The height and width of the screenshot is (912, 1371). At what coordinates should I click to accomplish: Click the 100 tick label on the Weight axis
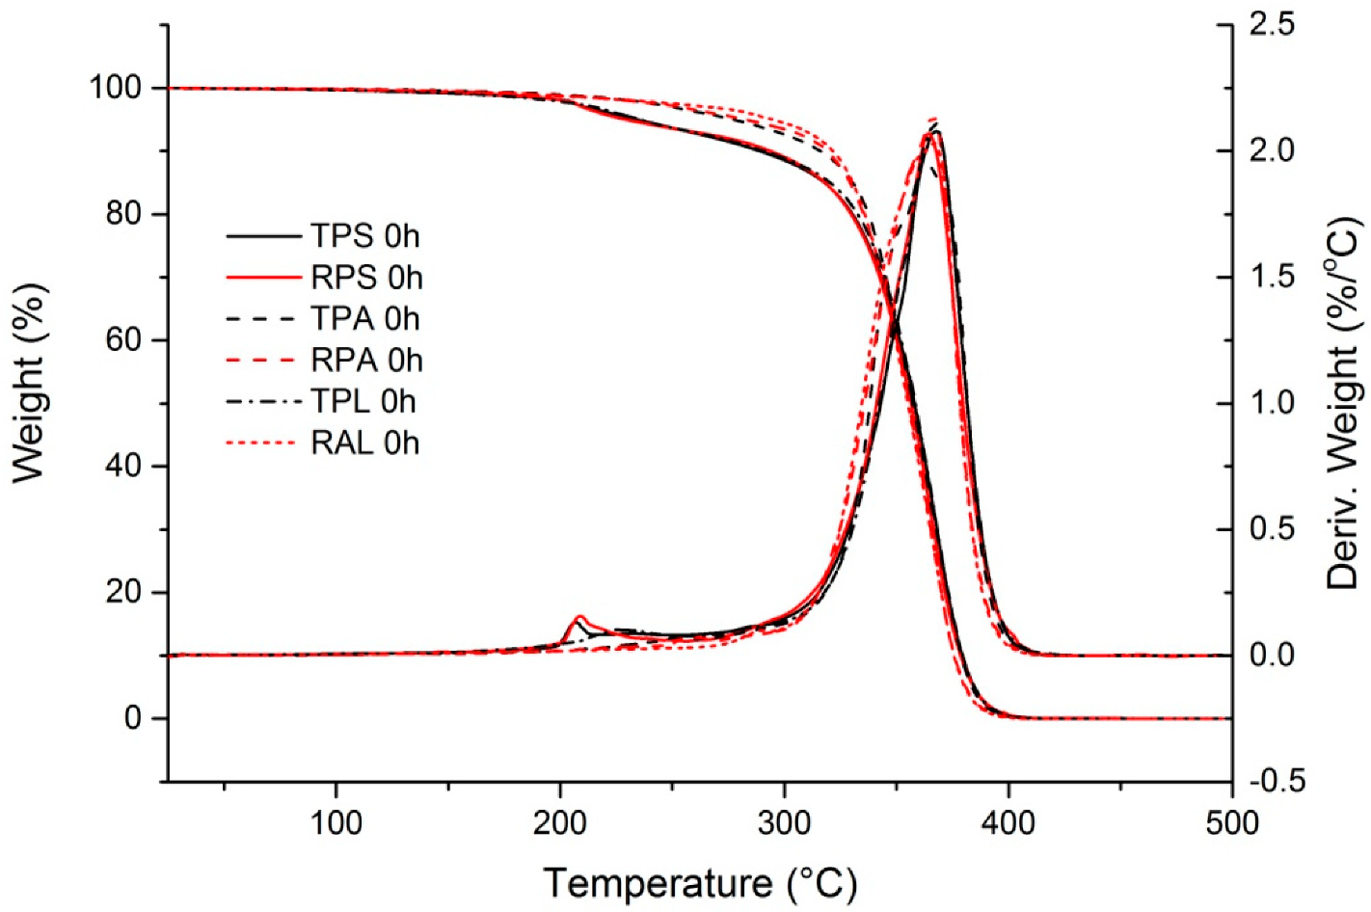point(115,89)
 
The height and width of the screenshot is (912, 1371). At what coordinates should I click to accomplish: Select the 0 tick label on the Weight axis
point(133,718)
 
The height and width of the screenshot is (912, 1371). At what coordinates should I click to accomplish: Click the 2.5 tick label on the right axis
point(1272,25)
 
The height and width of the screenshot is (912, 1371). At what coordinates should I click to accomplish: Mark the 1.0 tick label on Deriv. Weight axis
point(1272,403)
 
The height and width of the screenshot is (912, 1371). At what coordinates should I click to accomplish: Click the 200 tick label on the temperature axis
point(560,822)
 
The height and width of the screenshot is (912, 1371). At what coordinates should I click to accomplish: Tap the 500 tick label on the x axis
point(1231,822)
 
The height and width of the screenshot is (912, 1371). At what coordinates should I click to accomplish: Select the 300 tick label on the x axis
point(784,822)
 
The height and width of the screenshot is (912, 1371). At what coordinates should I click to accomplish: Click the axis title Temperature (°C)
point(699,883)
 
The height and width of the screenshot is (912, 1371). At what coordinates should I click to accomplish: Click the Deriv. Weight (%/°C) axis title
point(1344,403)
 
